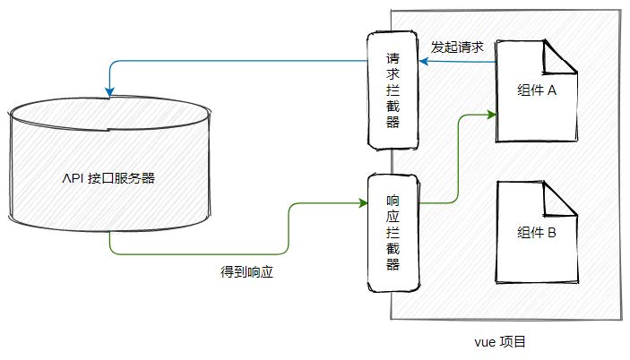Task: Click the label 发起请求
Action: pyautogui.click(x=458, y=47)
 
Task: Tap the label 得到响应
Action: pyautogui.click(x=246, y=271)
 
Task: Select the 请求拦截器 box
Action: pyautogui.click(x=393, y=90)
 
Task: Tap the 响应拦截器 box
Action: pyautogui.click(x=393, y=231)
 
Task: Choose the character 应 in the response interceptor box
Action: pyautogui.click(x=393, y=220)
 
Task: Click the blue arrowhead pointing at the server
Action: pyautogui.click(x=108, y=90)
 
